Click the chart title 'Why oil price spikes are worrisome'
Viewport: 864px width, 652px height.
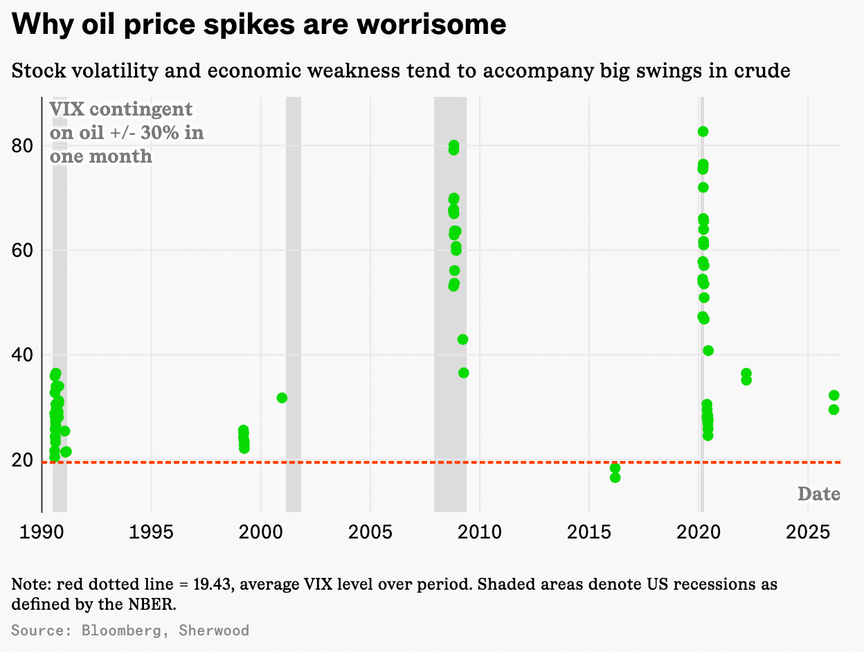coord(259,26)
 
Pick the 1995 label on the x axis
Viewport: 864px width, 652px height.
coord(151,532)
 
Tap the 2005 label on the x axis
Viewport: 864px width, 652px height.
coord(370,532)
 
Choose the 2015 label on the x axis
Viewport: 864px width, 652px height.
coord(588,532)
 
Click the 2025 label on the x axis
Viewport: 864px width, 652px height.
coord(807,532)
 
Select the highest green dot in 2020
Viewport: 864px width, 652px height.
coord(703,132)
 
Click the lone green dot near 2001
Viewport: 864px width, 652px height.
coord(282,398)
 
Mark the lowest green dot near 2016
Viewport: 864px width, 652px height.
coord(615,478)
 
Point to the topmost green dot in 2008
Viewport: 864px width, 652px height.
coord(453,145)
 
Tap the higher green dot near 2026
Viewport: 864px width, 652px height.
coord(834,395)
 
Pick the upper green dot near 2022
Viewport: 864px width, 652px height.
coord(746,373)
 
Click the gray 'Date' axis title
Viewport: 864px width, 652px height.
coord(819,494)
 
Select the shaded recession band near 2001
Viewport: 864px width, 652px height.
coord(294,305)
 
